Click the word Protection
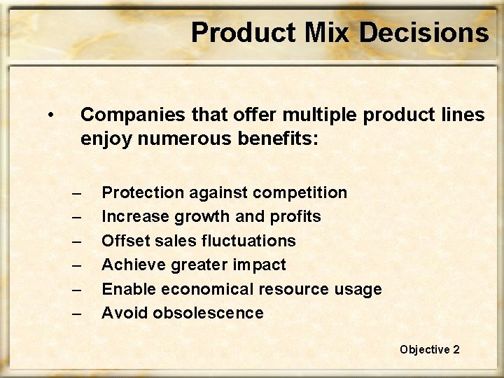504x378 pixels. coord(141,192)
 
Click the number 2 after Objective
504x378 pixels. coord(456,349)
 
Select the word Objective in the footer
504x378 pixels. coord(425,349)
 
